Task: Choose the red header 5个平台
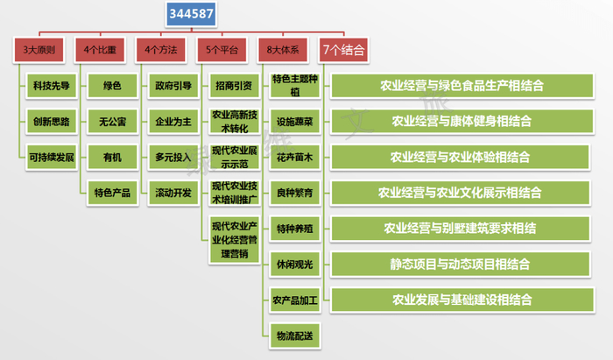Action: pyautogui.click(x=227, y=49)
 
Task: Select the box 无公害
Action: pyautogui.click(x=111, y=122)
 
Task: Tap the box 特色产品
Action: pyautogui.click(x=111, y=193)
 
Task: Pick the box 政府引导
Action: pyautogui.click(x=173, y=86)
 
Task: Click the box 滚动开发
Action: pyautogui.click(x=173, y=193)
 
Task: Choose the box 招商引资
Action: pyautogui.click(x=234, y=86)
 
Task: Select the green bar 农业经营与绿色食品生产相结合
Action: pyautogui.click(x=461, y=86)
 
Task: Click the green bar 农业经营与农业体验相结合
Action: pyautogui.click(x=461, y=157)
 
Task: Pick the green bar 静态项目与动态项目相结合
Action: pyautogui.click(x=461, y=263)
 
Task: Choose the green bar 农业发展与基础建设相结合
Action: pyautogui.click(x=461, y=299)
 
